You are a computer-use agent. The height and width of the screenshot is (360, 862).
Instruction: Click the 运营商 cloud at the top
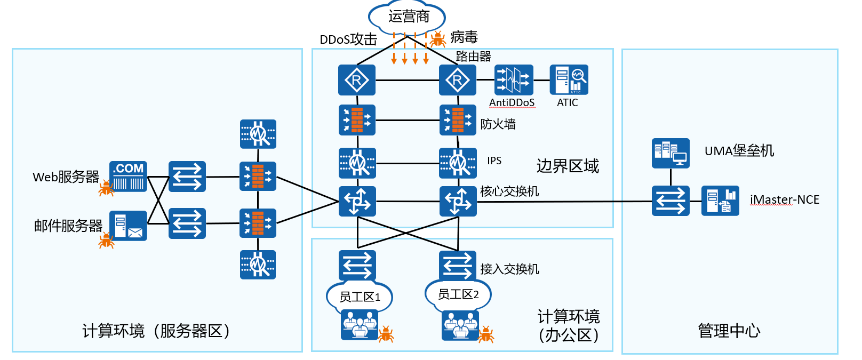(x=408, y=17)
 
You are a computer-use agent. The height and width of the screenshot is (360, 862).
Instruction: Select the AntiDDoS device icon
(x=513, y=80)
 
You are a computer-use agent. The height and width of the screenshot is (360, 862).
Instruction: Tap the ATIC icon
(x=569, y=80)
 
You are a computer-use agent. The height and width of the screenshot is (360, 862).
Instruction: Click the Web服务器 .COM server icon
(x=128, y=176)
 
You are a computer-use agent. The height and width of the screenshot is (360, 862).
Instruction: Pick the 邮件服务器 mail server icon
(x=128, y=225)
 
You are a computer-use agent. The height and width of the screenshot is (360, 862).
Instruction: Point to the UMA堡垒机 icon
(x=671, y=153)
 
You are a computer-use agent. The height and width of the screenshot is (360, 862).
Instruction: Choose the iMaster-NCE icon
(x=720, y=201)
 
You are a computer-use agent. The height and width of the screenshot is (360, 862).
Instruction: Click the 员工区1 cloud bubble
(x=360, y=297)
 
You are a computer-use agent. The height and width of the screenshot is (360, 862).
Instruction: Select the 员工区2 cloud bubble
(x=458, y=294)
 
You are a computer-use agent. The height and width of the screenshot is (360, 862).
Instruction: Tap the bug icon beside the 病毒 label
(x=438, y=39)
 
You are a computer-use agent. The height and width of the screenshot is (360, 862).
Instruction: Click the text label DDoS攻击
(x=348, y=39)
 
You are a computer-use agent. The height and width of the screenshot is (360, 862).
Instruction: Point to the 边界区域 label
(x=568, y=166)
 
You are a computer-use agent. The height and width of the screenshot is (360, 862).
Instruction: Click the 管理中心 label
(x=729, y=331)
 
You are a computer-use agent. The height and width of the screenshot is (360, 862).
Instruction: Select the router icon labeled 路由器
(x=458, y=80)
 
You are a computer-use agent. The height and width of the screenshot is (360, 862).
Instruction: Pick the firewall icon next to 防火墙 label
(x=458, y=120)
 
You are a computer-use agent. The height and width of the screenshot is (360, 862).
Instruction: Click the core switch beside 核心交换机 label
(x=458, y=201)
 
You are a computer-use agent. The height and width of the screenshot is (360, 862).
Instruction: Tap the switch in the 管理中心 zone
(x=671, y=201)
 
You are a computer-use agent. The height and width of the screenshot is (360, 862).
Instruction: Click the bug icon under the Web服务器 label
(x=106, y=188)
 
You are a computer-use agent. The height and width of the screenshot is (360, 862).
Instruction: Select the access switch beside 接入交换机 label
(x=458, y=265)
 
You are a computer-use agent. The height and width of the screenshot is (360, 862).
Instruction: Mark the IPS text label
(x=494, y=161)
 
